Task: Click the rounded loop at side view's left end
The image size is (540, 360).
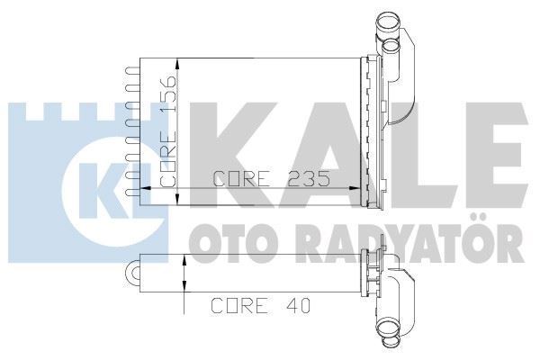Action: tap(136, 269)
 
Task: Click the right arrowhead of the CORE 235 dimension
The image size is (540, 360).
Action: tap(352, 189)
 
